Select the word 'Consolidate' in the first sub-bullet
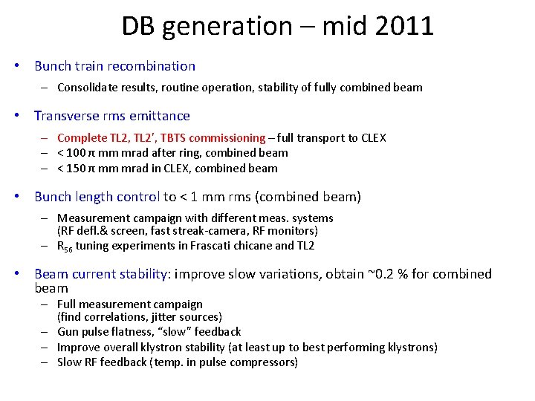pyautogui.click(x=88, y=88)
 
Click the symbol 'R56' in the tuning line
pyautogui.click(x=65, y=247)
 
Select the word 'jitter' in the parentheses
pyautogui.click(x=152, y=317)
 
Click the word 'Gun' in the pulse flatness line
pyautogui.click(x=68, y=332)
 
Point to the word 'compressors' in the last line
pyautogui.click(x=265, y=362)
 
